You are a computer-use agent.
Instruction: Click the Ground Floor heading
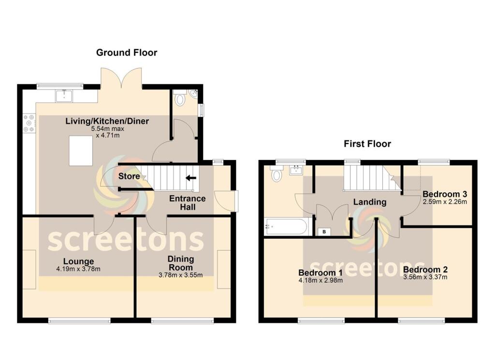[127, 53]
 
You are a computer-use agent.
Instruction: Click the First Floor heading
[367, 144]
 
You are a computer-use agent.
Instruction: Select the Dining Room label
[180, 263]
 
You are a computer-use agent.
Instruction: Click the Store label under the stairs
[129, 176]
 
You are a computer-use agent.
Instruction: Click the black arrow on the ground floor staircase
[191, 178]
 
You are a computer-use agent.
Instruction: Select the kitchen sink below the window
[63, 96]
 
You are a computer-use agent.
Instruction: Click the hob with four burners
[29, 123]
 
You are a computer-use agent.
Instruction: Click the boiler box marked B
[324, 232]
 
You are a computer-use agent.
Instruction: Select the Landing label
[369, 202]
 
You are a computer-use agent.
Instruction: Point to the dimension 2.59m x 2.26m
[444, 202]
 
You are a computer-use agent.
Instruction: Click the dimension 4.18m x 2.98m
[320, 280]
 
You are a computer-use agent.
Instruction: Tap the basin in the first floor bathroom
[296, 170]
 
